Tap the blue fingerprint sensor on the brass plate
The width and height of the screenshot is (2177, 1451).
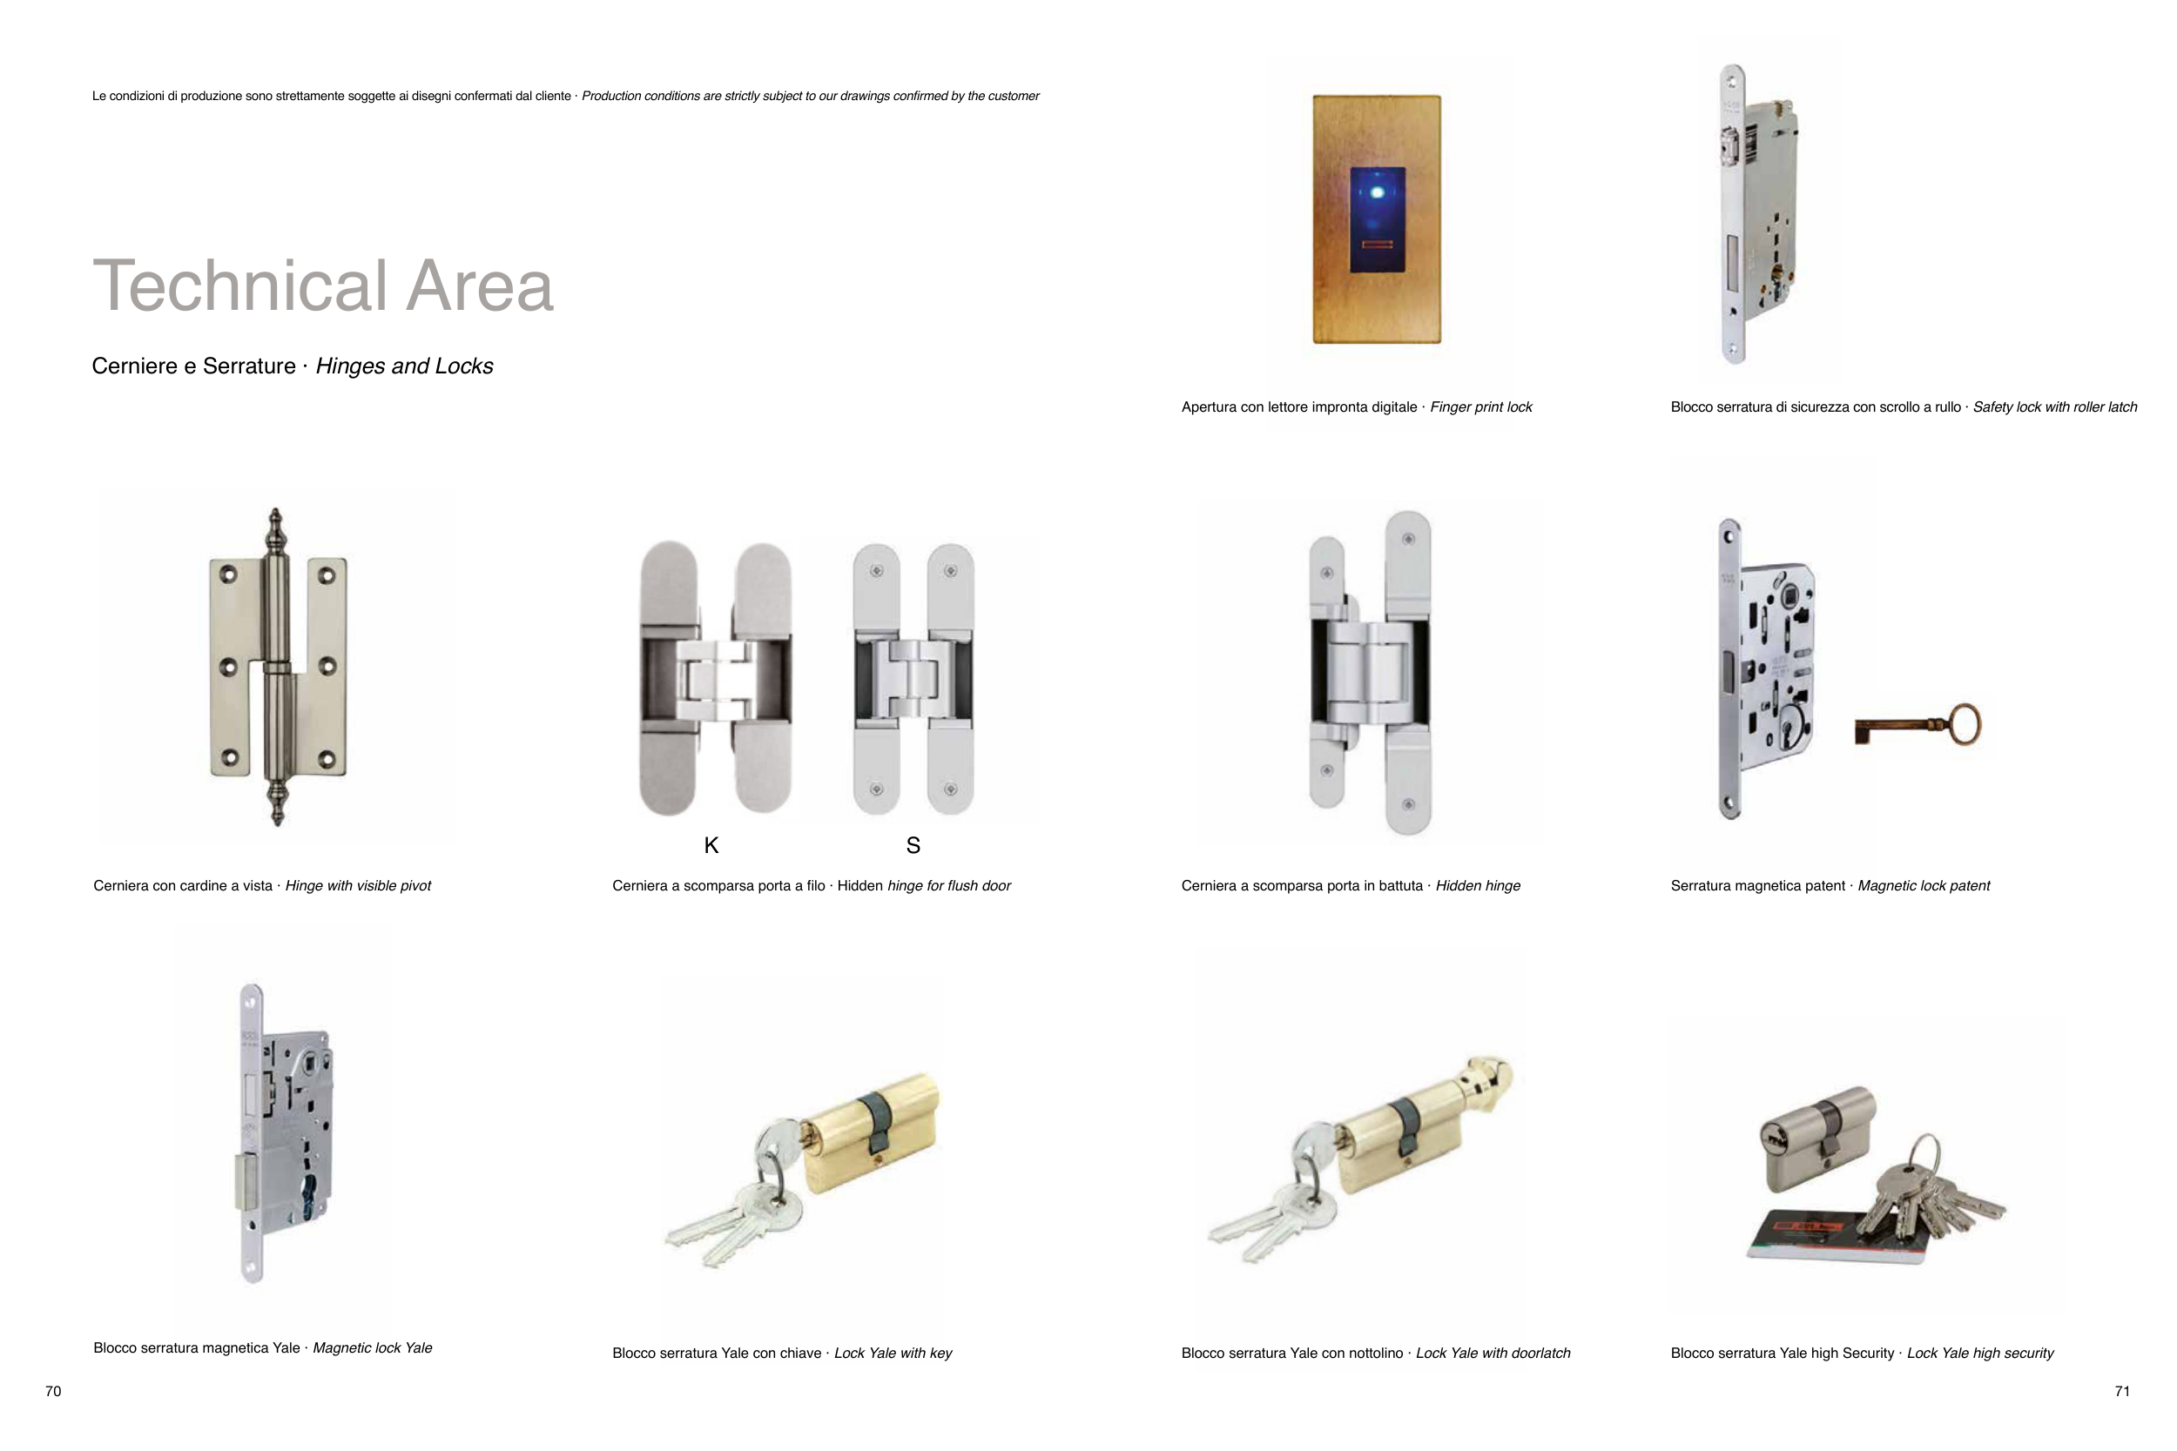pyautogui.click(x=1378, y=219)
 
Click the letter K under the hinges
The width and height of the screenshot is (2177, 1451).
pyautogui.click(x=711, y=845)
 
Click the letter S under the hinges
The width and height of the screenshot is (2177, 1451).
pyautogui.click(x=913, y=845)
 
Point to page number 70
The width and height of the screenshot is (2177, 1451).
pyautogui.click(x=54, y=1391)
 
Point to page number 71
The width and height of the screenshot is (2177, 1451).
pyautogui.click(x=2122, y=1391)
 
